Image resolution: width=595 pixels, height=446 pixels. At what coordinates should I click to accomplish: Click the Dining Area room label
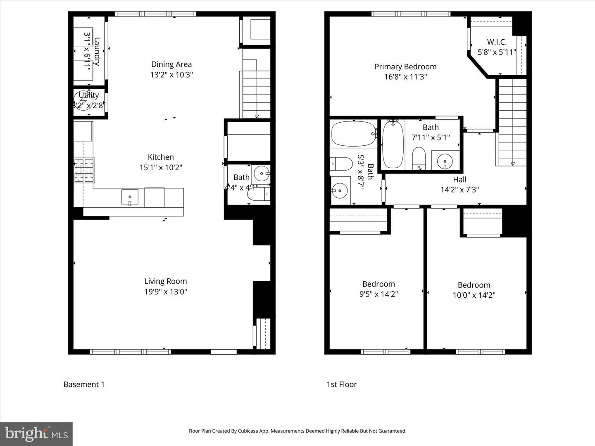[171, 64]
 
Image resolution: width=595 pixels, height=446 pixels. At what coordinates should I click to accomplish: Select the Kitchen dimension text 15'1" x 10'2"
[161, 167]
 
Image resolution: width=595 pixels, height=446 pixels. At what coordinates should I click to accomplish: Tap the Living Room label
[165, 281]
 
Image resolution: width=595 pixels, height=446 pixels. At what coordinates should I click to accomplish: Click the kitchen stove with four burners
[84, 170]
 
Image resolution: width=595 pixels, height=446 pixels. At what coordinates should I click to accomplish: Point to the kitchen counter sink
[130, 197]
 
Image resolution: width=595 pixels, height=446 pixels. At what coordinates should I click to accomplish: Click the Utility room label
[88, 95]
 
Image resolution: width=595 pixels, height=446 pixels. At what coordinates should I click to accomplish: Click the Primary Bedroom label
[405, 66]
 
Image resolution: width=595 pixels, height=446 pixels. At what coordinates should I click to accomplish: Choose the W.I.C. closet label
[497, 42]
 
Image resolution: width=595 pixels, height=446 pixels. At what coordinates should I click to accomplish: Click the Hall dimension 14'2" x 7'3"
[459, 190]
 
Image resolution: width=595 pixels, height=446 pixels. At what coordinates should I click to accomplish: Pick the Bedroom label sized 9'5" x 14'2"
[378, 284]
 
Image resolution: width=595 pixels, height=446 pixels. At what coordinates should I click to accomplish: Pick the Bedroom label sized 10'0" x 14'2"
[474, 285]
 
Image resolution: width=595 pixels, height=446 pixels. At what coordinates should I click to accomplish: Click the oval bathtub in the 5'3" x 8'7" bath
[353, 133]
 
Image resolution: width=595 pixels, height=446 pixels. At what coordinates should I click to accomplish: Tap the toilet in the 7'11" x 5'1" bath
[419, 158]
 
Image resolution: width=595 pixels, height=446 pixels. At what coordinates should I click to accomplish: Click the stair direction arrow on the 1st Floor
[512, 164]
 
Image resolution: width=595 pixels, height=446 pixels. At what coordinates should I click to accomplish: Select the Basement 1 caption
[84, 384]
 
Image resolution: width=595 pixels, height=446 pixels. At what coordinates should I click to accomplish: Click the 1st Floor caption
[342, 384]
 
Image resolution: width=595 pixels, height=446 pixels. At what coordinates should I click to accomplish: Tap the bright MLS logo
[36, 434]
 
